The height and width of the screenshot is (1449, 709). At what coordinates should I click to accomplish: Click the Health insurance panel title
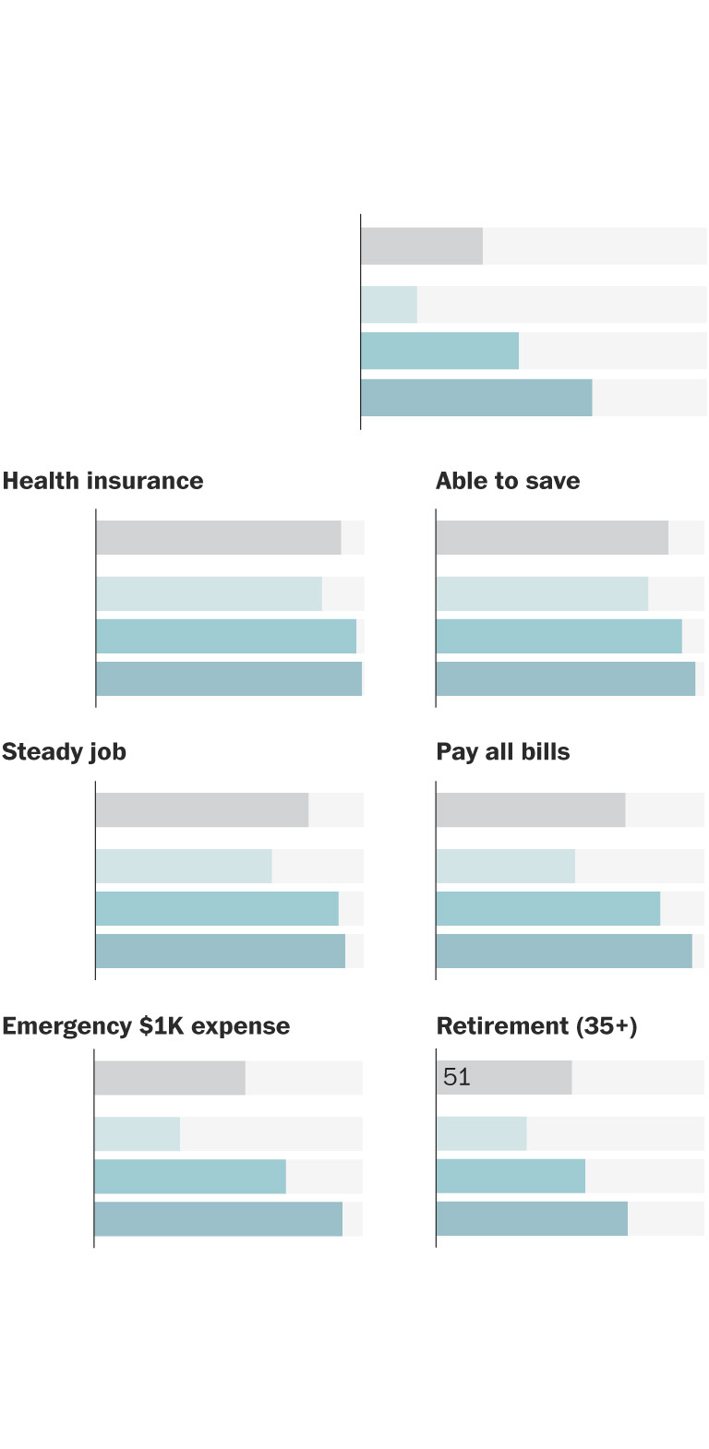(102, 481)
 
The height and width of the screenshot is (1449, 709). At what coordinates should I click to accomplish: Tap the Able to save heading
(508, 481)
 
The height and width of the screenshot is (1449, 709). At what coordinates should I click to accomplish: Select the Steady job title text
(64, 752)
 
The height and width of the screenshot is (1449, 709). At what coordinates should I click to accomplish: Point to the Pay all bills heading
(502, 752)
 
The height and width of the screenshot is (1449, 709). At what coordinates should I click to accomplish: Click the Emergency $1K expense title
(146, 1026)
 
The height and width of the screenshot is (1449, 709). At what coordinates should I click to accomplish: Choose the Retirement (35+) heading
(536, 1026)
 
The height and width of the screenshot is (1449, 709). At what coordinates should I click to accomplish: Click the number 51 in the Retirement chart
(457, 1077)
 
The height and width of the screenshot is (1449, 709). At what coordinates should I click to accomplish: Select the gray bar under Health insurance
(218, 538)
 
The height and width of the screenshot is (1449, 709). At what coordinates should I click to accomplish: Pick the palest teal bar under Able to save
(542, 594)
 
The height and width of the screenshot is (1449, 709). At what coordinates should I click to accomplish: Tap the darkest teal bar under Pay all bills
(564, 952)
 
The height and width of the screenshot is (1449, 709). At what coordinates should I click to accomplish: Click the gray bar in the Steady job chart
(201, 810)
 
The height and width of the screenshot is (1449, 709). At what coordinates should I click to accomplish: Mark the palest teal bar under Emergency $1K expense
(137, 1134)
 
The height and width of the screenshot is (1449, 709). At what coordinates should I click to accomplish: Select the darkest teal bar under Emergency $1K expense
(218, 1219)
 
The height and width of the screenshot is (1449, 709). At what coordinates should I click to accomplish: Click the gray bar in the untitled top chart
(421, 246)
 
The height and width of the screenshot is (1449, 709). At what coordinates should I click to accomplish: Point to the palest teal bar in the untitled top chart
(389, 305)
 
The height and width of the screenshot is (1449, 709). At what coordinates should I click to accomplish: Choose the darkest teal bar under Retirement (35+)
(532, 1219)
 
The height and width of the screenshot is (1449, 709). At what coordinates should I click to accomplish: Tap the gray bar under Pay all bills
(531, 810)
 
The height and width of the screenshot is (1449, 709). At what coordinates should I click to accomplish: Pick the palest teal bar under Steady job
(184, 867)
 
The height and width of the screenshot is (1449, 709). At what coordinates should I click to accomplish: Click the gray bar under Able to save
(552, 538)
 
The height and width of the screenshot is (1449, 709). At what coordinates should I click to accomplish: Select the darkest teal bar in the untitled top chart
(476, 398)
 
